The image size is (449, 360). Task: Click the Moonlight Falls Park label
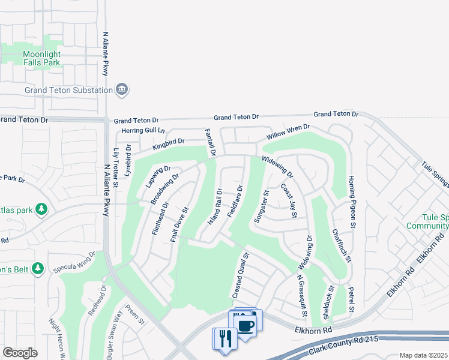42,58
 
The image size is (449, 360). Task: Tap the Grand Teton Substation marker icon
122,89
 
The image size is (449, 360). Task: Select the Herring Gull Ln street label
143,130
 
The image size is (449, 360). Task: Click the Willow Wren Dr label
289,131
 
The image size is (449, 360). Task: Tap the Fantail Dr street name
209,143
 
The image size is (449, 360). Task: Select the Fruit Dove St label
179,224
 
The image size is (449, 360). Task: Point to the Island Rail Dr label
215,206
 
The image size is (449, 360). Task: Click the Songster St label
261,206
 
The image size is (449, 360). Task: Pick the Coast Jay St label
289,200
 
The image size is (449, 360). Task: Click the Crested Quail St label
241,276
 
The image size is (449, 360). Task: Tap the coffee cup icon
246,326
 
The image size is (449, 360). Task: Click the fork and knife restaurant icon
225,338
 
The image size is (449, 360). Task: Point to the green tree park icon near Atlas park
41,209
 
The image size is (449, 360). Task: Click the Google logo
20,352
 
